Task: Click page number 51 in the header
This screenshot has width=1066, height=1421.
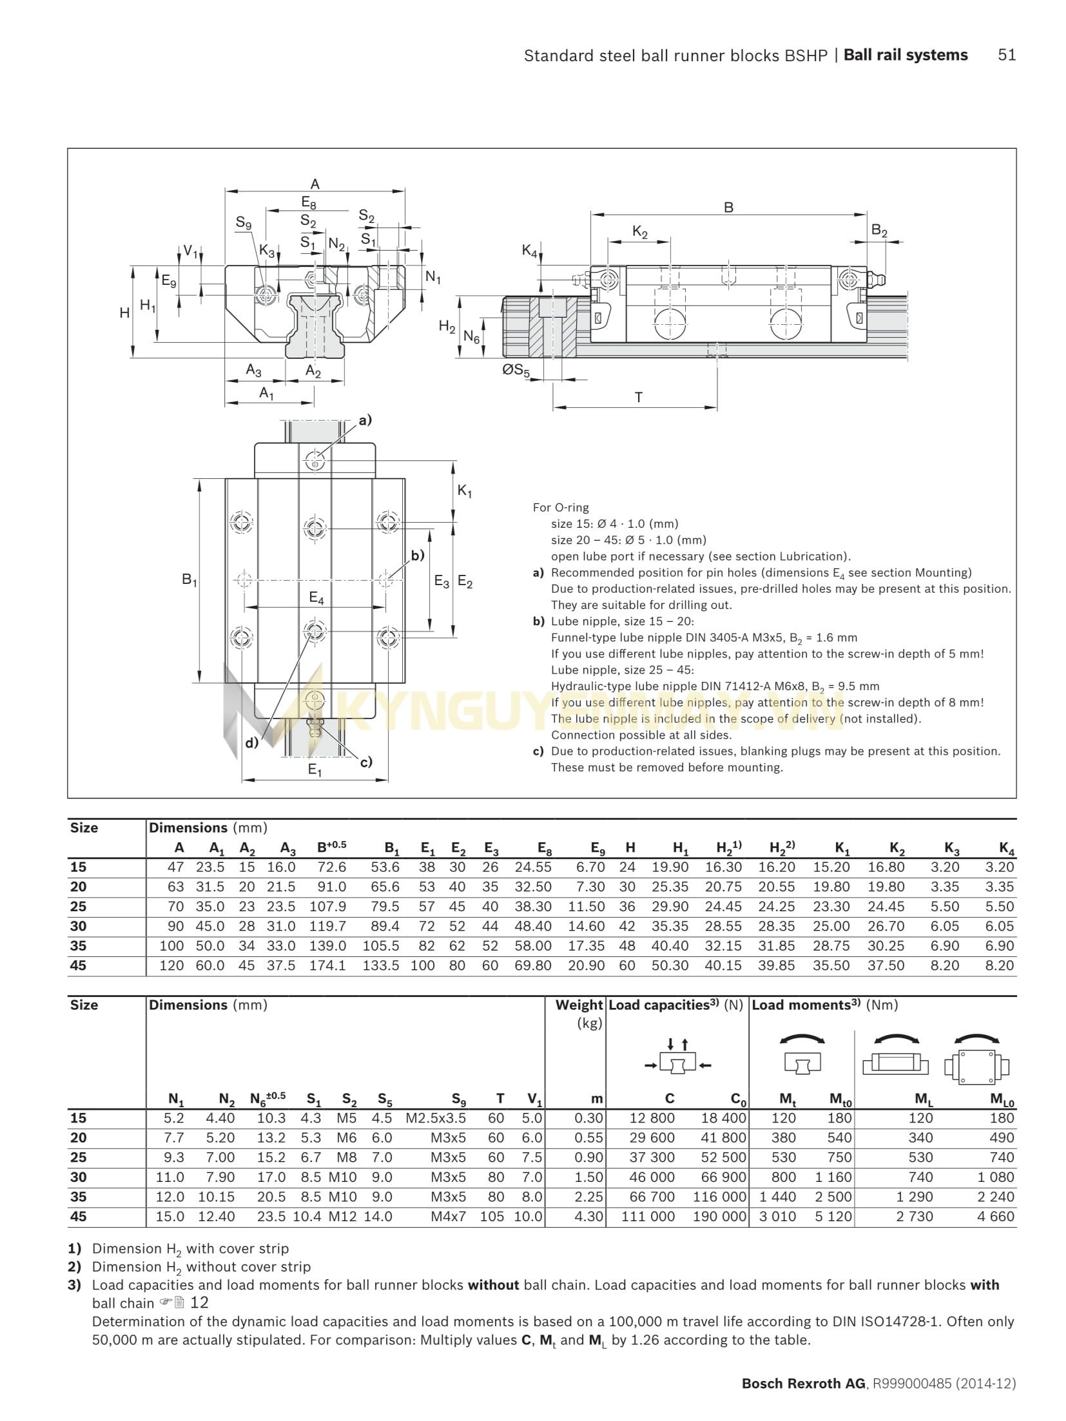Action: [1006, 55]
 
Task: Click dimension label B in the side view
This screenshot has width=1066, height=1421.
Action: [728, 208]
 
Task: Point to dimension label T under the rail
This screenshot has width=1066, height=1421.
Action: [638, 398]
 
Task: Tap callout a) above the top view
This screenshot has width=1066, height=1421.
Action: [365, 421]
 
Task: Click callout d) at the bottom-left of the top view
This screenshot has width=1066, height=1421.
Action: [252, 742]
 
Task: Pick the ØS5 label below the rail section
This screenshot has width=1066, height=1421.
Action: [516, 371]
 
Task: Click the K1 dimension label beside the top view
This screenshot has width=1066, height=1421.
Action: [464, 492]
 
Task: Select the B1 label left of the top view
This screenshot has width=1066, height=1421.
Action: [189, 580]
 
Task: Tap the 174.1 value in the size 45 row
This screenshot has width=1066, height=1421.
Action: [327, 966]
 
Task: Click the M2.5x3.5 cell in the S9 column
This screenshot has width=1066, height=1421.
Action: [436, 1118]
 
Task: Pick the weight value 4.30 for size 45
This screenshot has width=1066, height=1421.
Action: [588, 1217]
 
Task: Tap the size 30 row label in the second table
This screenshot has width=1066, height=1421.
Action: [79, 1177]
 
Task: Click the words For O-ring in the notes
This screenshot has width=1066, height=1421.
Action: [560, 508]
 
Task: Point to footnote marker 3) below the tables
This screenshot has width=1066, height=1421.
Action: [75, 1285]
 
